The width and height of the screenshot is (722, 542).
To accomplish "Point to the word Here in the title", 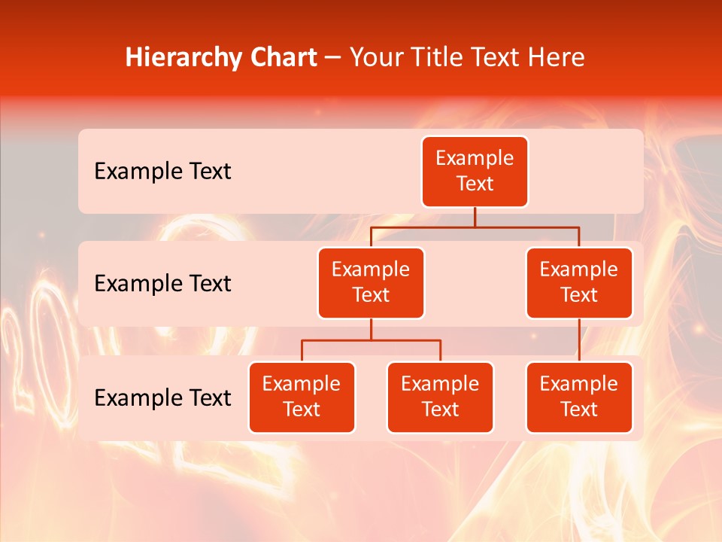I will pyautogui.click(x=555, y=58).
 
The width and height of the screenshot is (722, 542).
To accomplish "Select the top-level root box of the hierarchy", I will pyautogui.click(x=475, y=172).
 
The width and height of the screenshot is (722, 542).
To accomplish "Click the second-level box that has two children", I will pyautogui.click(x=371, y=283).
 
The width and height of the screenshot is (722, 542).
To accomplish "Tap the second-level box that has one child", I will pyautogui.click(x=578, y=283).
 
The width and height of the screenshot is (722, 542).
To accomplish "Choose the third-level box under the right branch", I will pyautogui.click(x=578, y=397).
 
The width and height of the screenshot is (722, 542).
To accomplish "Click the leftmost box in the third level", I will pyautogui.click(x=302, y=397).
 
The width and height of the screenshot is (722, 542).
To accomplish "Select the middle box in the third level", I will pyautogui.click(x=440, y=397).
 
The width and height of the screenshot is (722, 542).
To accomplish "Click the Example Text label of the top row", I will pyautogui.click(x=162, y=172).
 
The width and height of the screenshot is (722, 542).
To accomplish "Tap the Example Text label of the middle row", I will pyautogui.click(x=162, y=284).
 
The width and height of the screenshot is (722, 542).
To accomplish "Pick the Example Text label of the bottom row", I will pyautogui.click(x=162, y=397).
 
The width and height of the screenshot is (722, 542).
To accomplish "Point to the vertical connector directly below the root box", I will pyautogui.click(x=475, y=217).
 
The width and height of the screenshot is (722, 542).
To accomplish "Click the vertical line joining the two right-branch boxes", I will pyautogui.click(x=578, y=340).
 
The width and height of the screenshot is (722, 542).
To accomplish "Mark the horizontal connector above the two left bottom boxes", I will pyautogui.click(x=371, y=340).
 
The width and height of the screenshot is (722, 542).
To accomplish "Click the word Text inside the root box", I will pyautogui.click(x=475, y=184).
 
